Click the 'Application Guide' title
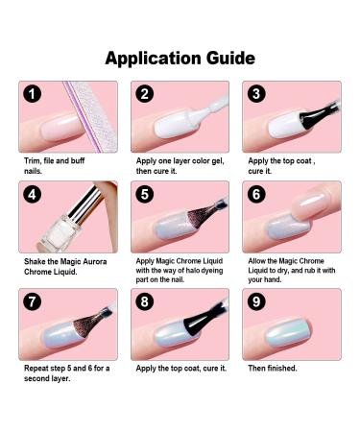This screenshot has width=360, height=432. pyautogui.click(x=180, y=59)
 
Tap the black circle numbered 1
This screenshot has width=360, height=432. pyautogui.click(x=33, y=94)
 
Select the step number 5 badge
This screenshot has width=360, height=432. pyautogui.click(x=145, y=194)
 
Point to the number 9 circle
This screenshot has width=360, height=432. pyautogui.click(x=256, y=301)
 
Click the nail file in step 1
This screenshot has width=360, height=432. pyautogui.click(x=91, y=116)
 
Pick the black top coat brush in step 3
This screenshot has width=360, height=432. pyautogui.click(x=319, y=116)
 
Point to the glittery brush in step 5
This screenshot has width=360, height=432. pyautogui.click(x=204, y=215)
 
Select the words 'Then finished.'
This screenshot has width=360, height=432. pyautogui.click(x=273, y=368)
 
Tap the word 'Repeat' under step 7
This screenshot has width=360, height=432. pyautogui.click(x=36, y=369)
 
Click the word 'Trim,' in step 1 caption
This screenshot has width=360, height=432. pyautogui.click(x=33, y=160)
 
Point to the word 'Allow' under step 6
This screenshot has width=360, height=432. pyautogui.click(x=256, y=261)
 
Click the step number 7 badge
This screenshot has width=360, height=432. pyautogui.click(x=33, y=301)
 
